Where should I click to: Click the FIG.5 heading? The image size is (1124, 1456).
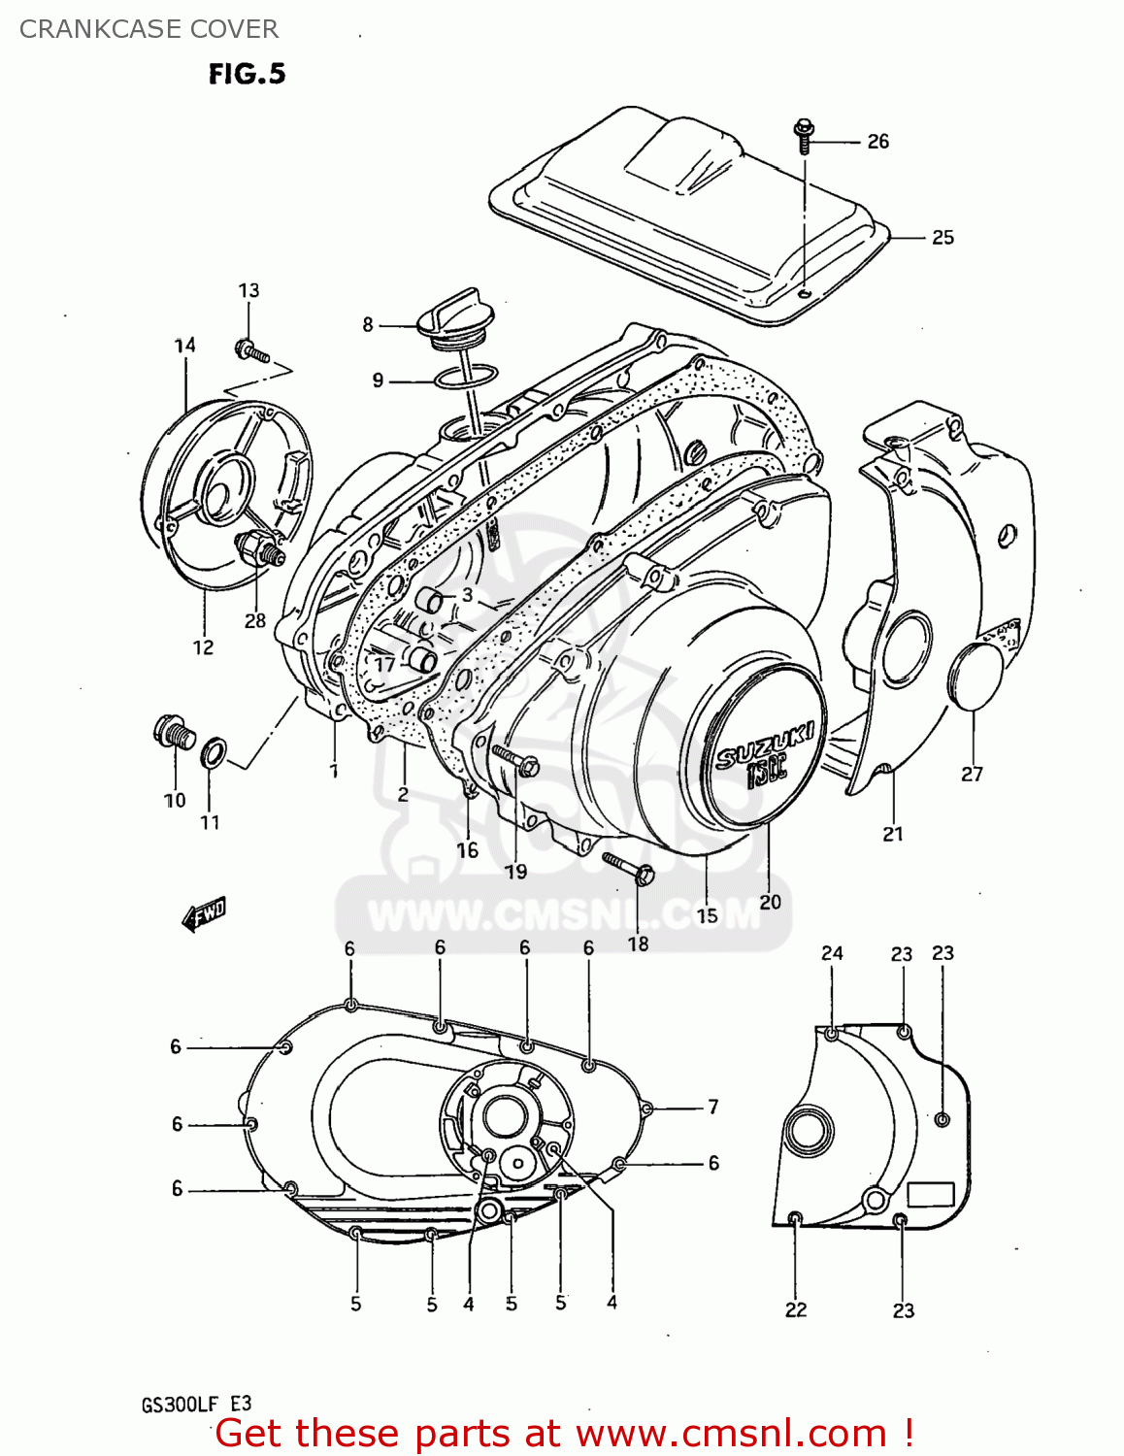pyautogui.click(x=247, y=74)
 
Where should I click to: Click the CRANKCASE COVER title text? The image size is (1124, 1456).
pyautogui.click(x=149, y=29)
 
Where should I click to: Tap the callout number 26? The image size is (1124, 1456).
pyautogui.click(x=877, y=142)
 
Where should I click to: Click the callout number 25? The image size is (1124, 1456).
pyautogui.click(x=942, y=238)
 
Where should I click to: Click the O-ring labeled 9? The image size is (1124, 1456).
pyautogui.click(x=467, y=378)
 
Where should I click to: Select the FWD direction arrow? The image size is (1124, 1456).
pyautogui.click(x=204, y=914)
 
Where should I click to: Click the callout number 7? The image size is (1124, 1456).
pyautogui.click(x=713, y=1107)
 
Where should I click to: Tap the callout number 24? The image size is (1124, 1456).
pyautogui.click(x=832, y=953)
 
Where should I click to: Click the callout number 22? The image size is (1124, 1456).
pyautogui.click(x=795, y=1309)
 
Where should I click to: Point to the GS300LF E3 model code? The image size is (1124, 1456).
pyautogui.click(x=197, y=1405)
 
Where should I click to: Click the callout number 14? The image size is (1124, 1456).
pyautogui.click(x=184, y=345)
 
